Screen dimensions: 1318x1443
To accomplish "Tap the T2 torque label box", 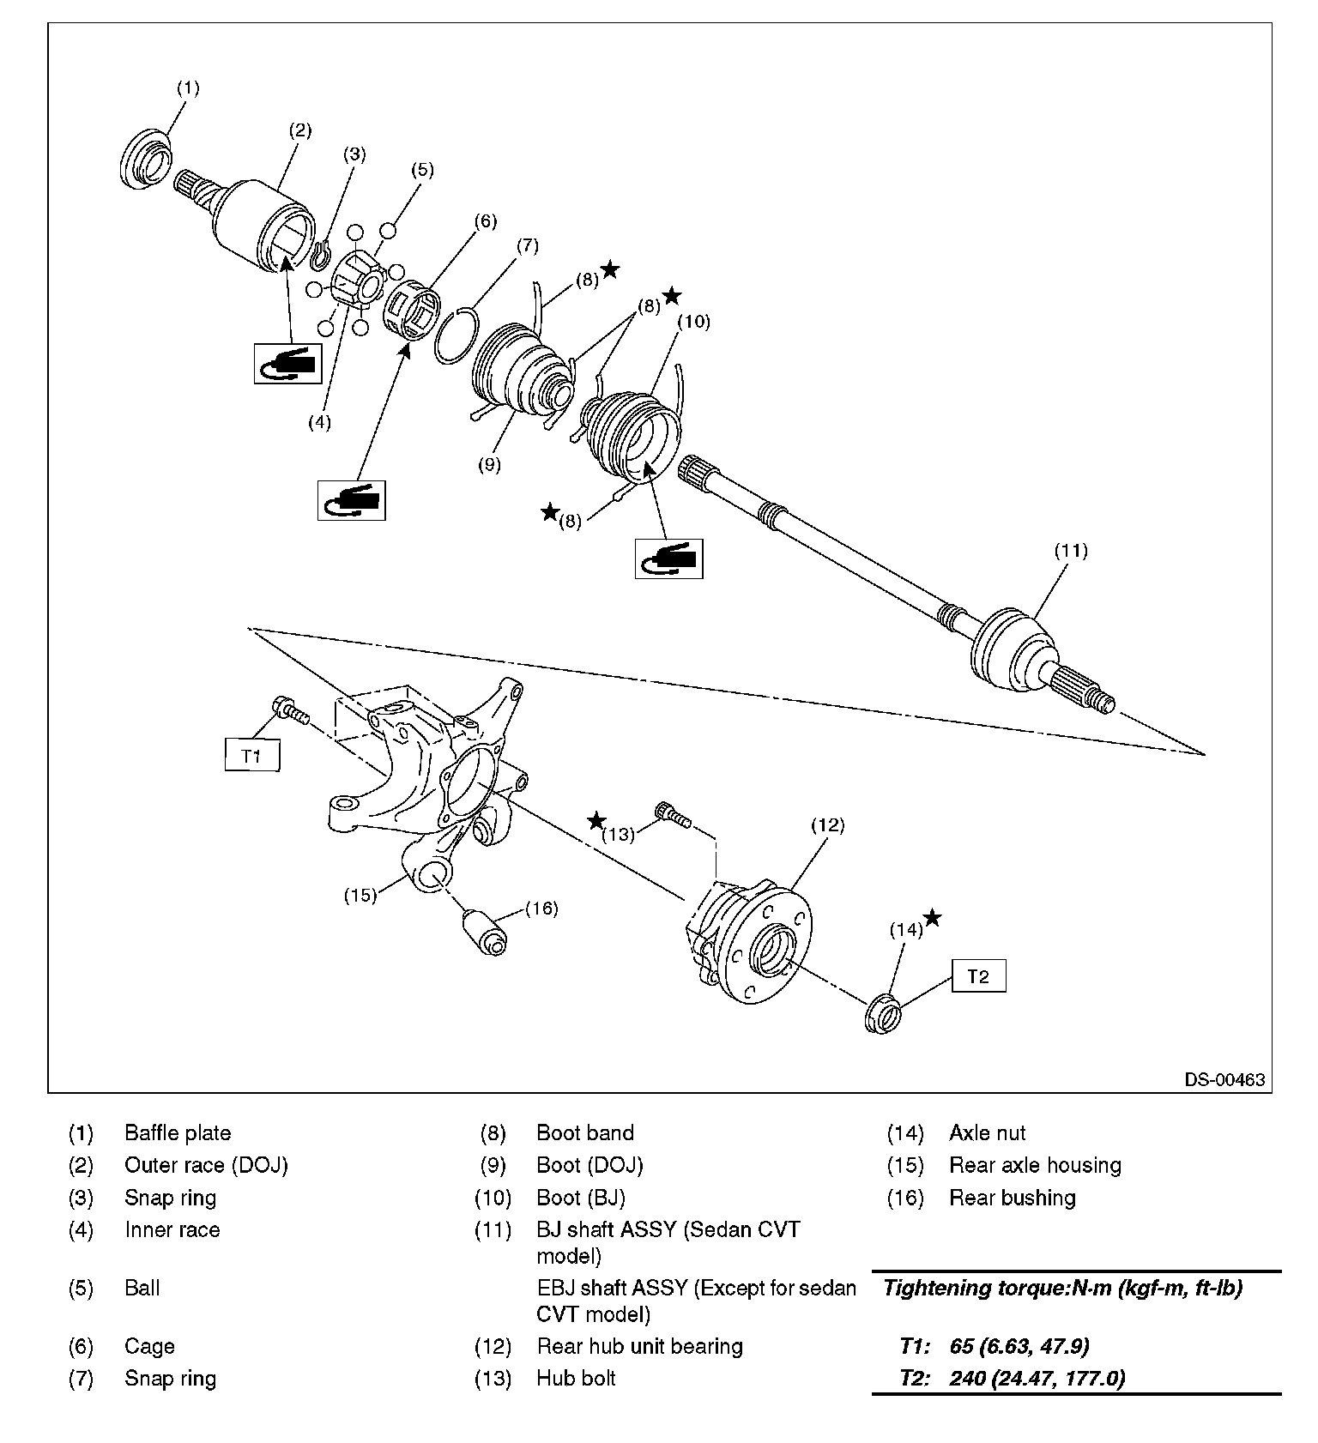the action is (x=978, y=975).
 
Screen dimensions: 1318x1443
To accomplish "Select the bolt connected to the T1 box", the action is (x=290, y=710).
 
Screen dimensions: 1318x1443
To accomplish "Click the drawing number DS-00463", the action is (x=1224, y=1079).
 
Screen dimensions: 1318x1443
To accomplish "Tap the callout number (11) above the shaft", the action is (x=1071, y=551).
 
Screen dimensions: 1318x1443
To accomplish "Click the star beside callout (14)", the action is (x=932, y=918).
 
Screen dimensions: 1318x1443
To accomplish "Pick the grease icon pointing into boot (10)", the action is (x=668, y=558).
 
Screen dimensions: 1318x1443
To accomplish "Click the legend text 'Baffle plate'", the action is (x=178, y=1133).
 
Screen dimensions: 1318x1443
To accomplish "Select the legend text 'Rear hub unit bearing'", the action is (x=639, y=1346).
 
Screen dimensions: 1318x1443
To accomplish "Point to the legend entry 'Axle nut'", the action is (x=987, y=1133).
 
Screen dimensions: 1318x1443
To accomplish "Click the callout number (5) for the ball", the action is (x=422, y=170).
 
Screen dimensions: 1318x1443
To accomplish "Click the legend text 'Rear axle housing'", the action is (x=1035, y=1166).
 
